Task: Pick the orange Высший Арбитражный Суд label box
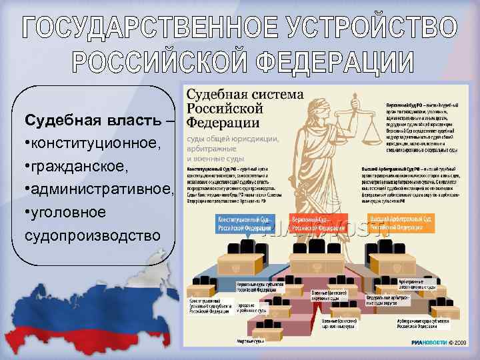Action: (403, 222)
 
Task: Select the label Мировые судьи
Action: (251, 341)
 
